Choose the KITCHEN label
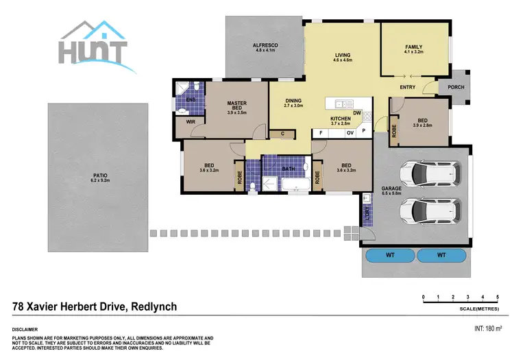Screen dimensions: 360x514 pos(341,119)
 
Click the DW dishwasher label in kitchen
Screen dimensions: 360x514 pos(357,113)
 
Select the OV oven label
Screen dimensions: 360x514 pos(350,132)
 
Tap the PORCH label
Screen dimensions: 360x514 pos(455,87)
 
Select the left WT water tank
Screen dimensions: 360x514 pos(389,256)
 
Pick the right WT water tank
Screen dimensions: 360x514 pos(441,256)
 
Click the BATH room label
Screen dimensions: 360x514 pos(288,169)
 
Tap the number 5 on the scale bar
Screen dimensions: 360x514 pos(496,297)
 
